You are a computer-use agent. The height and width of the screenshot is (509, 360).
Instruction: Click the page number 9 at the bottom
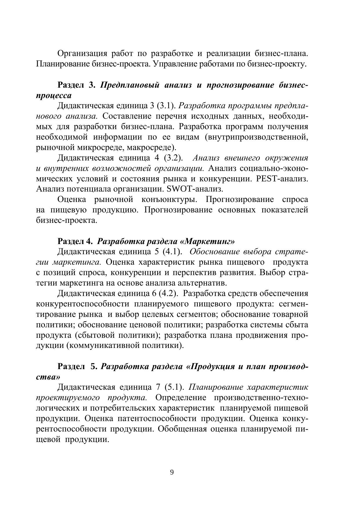point(172,472)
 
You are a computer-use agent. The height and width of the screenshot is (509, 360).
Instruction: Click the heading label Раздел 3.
point(76,85)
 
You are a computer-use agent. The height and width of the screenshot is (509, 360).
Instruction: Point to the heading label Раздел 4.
point(75,241)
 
